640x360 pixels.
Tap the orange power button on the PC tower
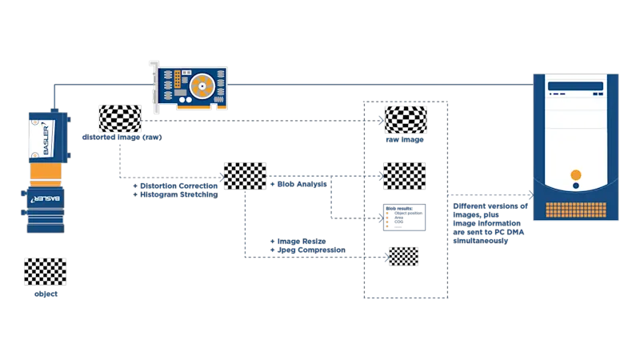tap(575, 175)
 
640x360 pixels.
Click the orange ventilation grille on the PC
tap(575, 210)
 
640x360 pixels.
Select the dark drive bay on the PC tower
tap(575, 86)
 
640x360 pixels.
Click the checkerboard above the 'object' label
tap(45, 272)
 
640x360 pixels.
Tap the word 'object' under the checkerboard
tap(45, 294)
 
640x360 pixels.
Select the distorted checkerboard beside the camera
tap(119, 118)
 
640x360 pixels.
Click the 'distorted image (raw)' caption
tap(122, 138)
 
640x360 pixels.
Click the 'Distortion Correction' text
tap(178, 186)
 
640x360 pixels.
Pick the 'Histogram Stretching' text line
tap(178, 194)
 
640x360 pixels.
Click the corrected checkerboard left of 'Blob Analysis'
tap(246, 176)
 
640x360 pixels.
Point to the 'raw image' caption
tap(406, 140)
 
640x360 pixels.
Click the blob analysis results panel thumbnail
tap(405, 217)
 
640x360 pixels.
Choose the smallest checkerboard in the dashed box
tap(403, 255)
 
